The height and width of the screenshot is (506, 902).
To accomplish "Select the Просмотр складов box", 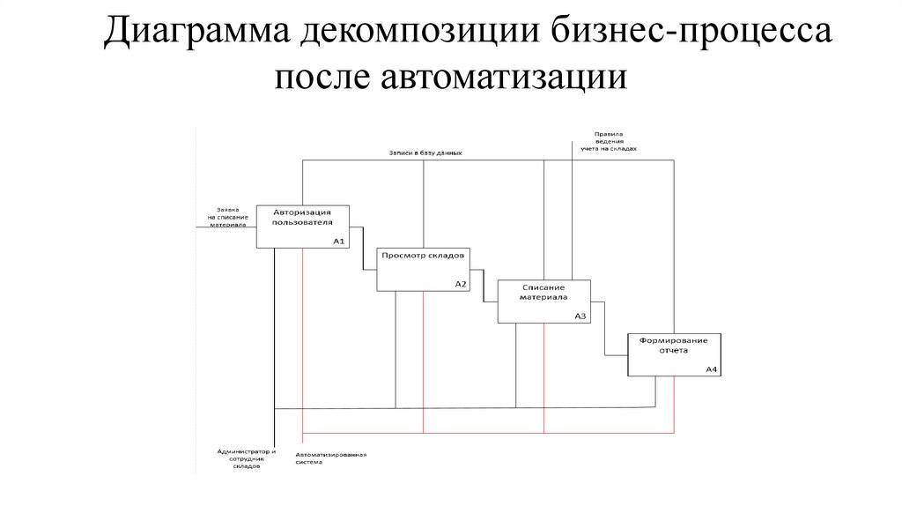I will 422,269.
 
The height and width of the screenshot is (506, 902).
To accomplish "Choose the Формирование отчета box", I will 675,354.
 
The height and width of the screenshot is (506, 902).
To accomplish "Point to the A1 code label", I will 339,241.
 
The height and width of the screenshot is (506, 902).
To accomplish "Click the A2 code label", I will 460,284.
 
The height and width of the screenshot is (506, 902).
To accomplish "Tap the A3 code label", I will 580,316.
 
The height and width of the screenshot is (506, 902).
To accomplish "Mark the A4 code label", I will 712,369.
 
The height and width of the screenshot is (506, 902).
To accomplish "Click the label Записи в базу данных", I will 425,153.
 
